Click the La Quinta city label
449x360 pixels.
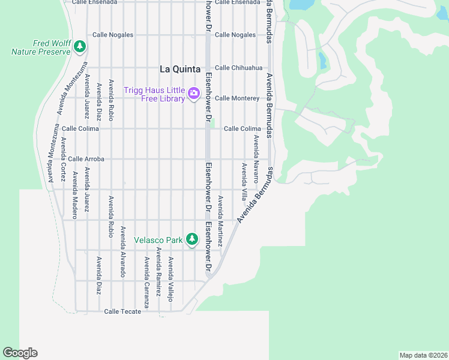(x=179, y=68)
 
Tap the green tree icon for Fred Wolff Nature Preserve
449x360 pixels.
(x=79, y=46)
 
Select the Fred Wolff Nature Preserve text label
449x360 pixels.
(x=41, y=47)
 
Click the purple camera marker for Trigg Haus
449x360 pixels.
(x=193, y=93)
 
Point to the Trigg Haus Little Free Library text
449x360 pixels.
(x=154, y=94)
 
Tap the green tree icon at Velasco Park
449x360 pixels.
(x=191, y=239)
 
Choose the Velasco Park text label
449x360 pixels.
(x=158, y=240)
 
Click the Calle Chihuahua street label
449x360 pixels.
(x=239, y=68)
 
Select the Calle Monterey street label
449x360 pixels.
(x=237, y=98)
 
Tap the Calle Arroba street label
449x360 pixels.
(x=86, y=159)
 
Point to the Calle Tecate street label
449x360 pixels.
(x=122, y=311)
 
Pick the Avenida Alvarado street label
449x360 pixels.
(x=123, y=251)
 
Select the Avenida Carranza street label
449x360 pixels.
(x=146, y=278)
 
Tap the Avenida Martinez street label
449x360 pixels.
(x=220, y=221)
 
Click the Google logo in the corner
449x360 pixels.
(x=20, y=353)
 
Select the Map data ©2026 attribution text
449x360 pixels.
(x=423, y=355)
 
